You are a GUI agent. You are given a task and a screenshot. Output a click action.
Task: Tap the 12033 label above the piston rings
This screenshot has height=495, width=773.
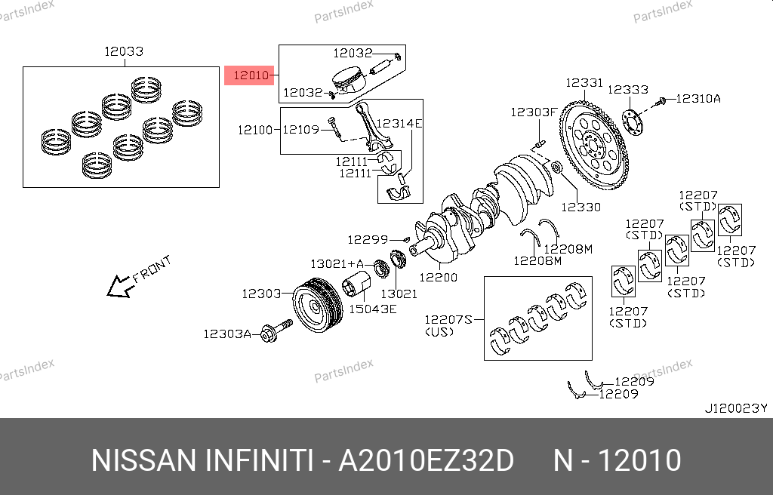[x=124, y=52]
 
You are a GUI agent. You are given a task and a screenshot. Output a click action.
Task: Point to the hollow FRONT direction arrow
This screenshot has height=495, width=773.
[x=119, y=286]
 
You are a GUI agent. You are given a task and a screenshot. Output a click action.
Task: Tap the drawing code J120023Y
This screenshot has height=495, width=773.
[x=735, y=408]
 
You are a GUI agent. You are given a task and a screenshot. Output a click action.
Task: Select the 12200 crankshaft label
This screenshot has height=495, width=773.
[x=439, y=277]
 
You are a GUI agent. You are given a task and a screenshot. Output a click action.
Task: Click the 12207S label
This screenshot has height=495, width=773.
[x=448, y=320]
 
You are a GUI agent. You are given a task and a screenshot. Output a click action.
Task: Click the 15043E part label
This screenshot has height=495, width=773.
[x=372, y=309]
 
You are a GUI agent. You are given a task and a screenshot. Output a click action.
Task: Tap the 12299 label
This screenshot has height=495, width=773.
[x=367, y=239]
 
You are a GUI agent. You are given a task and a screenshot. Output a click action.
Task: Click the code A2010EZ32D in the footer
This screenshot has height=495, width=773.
[x=425, y=460]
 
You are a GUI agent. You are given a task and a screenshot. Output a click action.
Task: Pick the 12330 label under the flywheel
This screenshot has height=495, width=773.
[x=581, y=206]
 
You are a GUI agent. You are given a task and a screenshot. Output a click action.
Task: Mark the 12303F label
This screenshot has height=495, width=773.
[x=533, y=112]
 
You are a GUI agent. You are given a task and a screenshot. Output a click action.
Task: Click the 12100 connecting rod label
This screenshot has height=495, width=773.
[x=254, y=130]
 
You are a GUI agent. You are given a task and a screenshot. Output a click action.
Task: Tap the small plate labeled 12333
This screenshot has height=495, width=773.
[x=633, y=125]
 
